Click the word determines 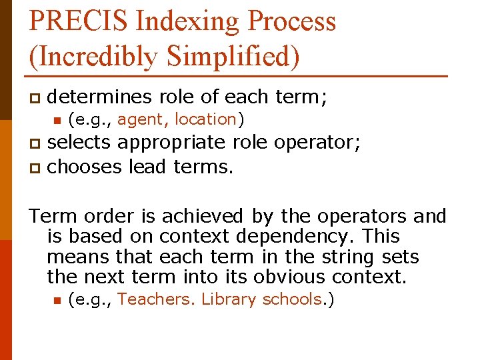point(101,97)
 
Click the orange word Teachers point(156,299)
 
